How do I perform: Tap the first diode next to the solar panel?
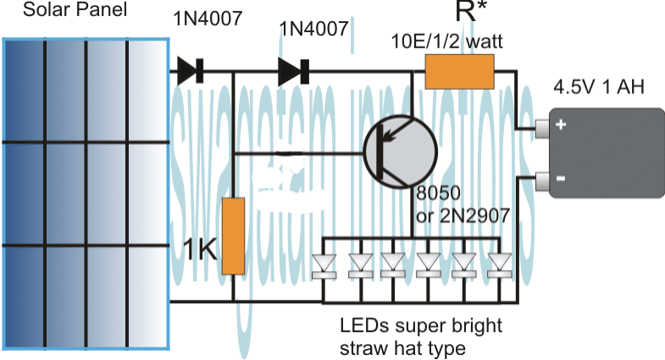(190, 73)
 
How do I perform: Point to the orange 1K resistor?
(233, 235)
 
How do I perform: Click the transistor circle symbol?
(399, 153)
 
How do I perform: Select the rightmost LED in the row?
(502, 265)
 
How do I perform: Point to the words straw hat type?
(402, 347)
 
